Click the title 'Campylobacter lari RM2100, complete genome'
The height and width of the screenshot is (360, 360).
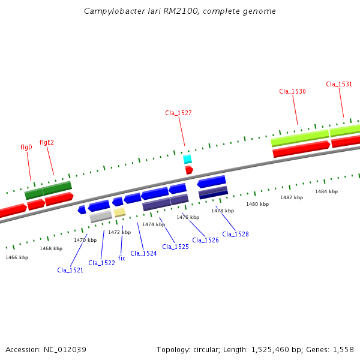[180, 11]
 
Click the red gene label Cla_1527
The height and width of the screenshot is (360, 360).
[178, 113]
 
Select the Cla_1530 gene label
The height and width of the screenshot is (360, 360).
[292, 92]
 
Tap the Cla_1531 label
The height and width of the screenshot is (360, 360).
[339, 85]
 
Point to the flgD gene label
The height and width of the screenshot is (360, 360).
[26, 147]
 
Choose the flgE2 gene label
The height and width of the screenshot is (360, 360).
[47, 143]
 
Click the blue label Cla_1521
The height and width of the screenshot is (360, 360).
[70, 270]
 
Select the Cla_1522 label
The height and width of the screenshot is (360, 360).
[101, 263]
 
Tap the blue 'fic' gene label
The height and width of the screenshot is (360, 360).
[121, 258]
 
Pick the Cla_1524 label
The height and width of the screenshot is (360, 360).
[143, 253]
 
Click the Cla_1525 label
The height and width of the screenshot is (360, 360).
[175, 247]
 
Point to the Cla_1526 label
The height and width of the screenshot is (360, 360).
[205, 240]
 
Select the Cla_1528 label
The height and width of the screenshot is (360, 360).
[235, 234]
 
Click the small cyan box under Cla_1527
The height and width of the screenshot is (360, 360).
[187, 159]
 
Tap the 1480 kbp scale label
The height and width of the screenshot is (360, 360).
[257, 205]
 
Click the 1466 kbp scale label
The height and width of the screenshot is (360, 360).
[17, 257]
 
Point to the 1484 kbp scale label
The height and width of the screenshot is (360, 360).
[326, 191]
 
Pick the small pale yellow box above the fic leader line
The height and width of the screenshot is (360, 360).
[120, 212]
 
